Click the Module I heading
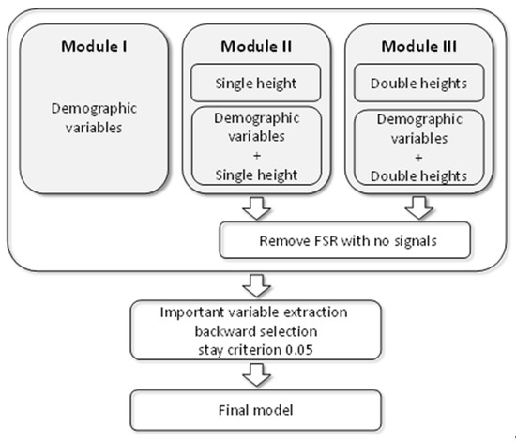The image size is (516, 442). pos(95,46)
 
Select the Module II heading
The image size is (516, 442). pos(255,46)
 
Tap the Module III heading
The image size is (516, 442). pos(417,46)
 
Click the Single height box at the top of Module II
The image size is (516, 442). pos(256,84)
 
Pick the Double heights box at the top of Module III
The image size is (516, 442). pos(418,84)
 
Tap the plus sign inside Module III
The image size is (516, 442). pos(418,157)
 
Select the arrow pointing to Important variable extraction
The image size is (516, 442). pos(256,283)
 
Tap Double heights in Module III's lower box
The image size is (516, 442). pos(418,175)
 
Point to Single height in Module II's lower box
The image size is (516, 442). pos(256,175)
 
